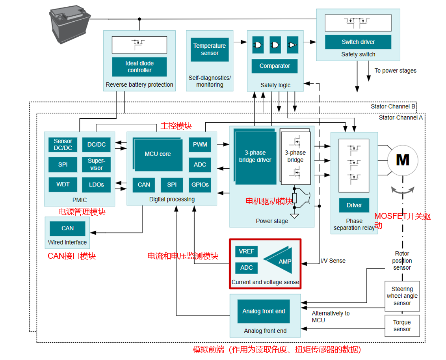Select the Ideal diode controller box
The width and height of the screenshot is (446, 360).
tap(139, 67)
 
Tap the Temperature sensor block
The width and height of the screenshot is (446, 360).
tap(210, 49)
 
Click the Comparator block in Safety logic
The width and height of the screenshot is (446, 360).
tap(275, 66)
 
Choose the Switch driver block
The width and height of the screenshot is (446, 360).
tap(358, 42)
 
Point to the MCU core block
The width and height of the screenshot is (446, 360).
tap(158, 154)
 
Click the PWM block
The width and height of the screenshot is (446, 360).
tap(200, 144)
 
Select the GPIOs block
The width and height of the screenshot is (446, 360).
tap(200, 185)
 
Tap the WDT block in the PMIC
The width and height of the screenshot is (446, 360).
tap(63, 184)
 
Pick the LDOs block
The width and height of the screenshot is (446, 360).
tap(97, 185)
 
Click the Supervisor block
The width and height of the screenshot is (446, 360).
tap(97, 164)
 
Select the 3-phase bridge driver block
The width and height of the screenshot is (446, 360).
tap(255, 156)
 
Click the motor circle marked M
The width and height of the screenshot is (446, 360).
tap(402, 160)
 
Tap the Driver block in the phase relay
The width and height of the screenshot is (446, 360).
tap(354, 205)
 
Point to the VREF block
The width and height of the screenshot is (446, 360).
tap(247, 251)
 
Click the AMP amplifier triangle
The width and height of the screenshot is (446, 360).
tap(282, 260)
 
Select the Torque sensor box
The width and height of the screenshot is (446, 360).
tap(402, 326)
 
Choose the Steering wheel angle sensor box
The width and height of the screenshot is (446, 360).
tap(402, 296)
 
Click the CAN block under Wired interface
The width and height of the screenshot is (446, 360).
tap(68, 228)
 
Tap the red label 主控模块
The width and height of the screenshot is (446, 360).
tap(176, 126)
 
